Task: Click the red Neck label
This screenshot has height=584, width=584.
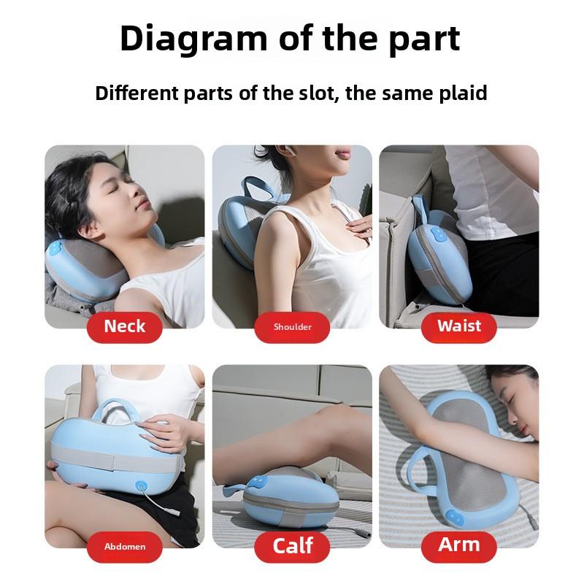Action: point(125,326)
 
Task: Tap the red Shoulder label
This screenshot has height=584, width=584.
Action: point(292,326)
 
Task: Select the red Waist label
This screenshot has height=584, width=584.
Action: point(459,326)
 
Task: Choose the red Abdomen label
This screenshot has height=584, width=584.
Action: point(124,545)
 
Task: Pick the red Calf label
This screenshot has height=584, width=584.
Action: point(292,545)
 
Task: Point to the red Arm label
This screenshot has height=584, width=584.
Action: point(459,545)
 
